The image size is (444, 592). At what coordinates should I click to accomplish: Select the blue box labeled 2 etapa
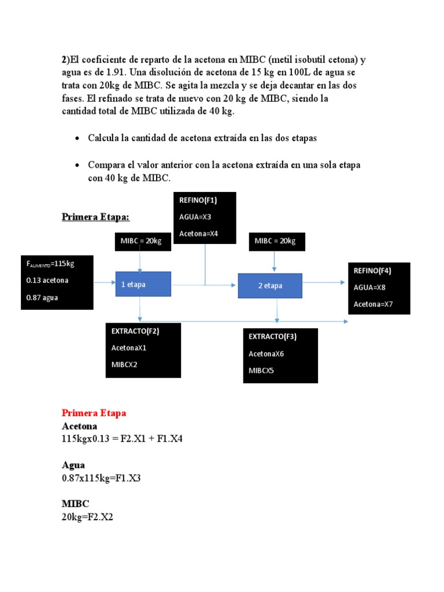coord(271,286)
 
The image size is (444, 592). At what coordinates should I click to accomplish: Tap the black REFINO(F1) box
coord(205,217)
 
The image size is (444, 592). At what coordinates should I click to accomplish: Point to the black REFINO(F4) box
coord(379,288)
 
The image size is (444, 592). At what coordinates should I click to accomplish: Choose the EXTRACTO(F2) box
coord(143,350)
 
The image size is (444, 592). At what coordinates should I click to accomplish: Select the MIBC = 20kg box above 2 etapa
coord(275,242)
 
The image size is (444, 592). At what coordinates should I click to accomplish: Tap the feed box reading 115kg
coord(57,281)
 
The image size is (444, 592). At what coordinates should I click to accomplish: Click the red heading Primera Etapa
coord(94,413)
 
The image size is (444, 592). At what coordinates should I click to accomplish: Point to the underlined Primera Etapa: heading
coord(96,217)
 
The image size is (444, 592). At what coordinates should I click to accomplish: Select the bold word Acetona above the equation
coord(80,426)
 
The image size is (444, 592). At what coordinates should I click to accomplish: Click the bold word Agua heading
coord(73,465)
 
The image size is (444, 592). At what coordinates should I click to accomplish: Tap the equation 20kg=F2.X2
coord(87,517)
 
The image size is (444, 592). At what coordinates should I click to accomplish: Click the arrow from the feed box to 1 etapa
coord(104,283)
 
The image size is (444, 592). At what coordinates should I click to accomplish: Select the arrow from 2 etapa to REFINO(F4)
coord(325,283)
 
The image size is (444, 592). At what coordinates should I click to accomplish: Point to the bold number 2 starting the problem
coord(64,60)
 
